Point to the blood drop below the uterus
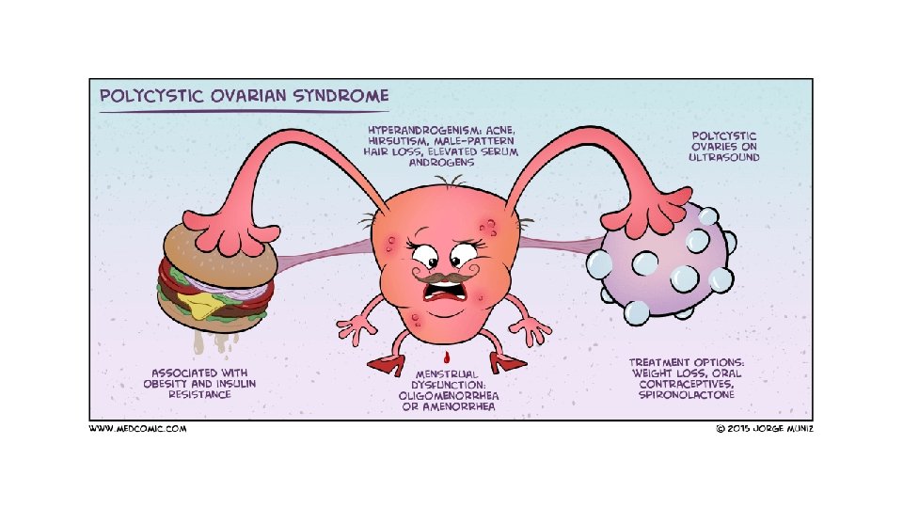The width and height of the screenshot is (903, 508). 450,357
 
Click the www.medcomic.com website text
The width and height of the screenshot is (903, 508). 138,429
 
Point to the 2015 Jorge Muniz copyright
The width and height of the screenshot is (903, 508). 763,429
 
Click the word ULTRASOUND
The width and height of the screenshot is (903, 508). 723,158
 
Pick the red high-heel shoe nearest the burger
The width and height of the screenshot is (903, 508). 387,363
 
